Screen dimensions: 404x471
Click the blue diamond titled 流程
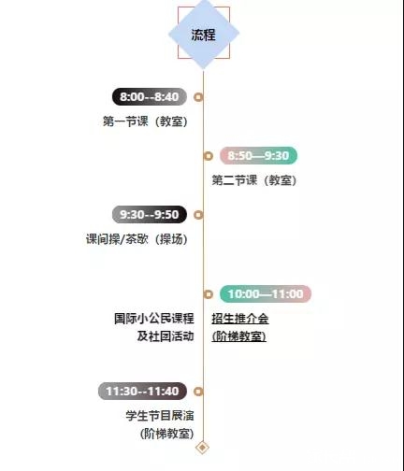[204, 34]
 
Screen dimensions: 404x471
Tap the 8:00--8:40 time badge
[150, 97]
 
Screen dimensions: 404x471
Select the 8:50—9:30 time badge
[258, 155]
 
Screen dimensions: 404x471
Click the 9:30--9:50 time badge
[150, 215]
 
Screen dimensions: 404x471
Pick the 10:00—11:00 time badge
[266, 293]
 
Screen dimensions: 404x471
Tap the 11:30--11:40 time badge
[142, 391]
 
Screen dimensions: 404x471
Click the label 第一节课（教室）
[146, 121]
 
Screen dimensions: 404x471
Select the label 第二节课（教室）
[254, 180]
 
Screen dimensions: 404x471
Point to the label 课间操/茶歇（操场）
[137, 239]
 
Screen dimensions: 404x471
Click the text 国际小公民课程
[154, 319]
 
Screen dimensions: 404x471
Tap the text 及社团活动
[166, 336]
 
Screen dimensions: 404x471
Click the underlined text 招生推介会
[240, 319]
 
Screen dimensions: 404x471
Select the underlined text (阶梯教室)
[239, 336]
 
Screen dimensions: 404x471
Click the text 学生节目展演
[160, 416]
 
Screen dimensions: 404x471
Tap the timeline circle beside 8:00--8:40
[198, 97]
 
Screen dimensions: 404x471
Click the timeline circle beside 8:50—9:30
[209, 156]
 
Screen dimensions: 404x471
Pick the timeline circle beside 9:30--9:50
[198, 215]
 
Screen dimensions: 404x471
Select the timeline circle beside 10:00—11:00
[209, 294]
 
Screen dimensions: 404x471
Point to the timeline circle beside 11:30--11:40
[198, 392]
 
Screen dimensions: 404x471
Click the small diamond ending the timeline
[203, 448]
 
